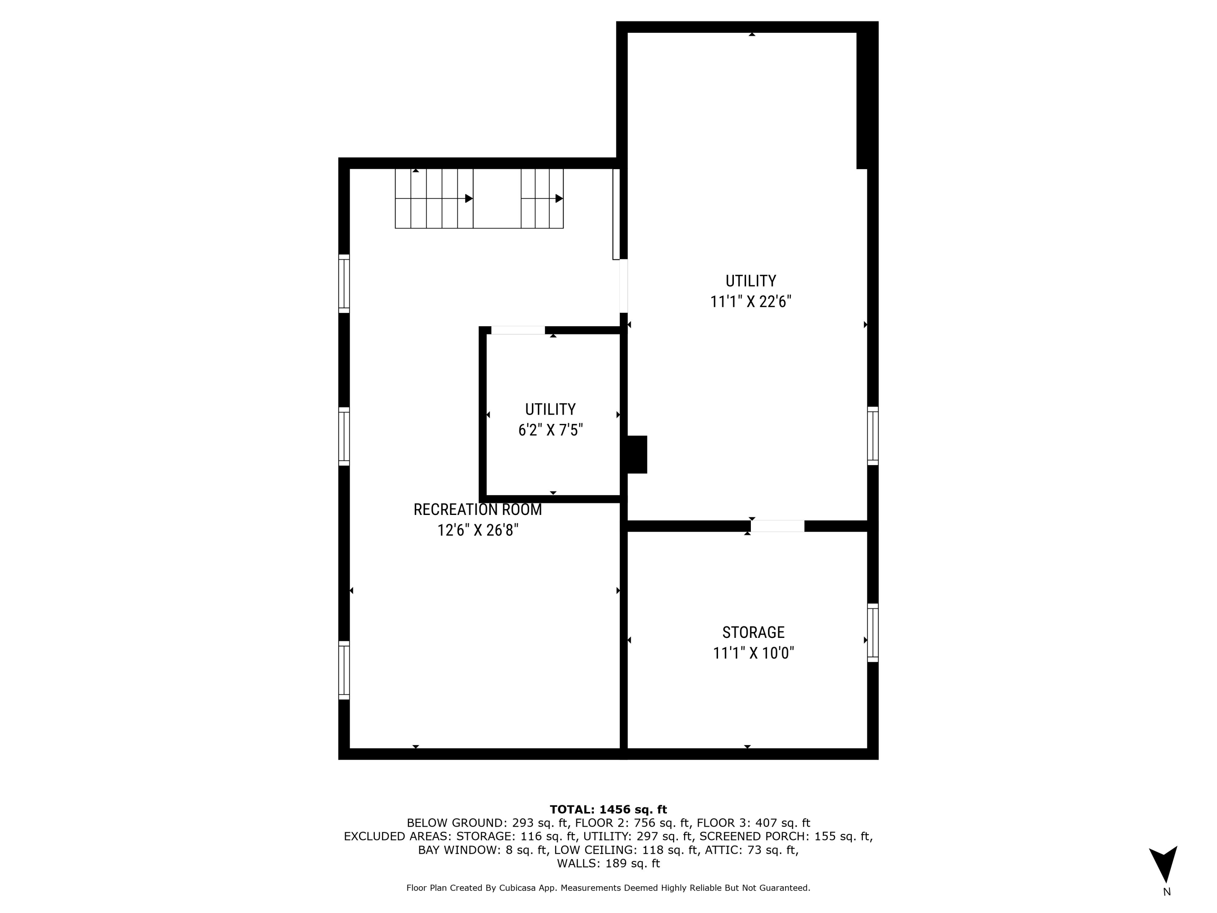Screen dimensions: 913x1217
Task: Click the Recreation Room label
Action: [477, 510]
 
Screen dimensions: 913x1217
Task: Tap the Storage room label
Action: [753, 632]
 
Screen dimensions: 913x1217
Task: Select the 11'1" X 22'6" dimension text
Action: [750, 301]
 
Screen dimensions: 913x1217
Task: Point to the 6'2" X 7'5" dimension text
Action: [550, 430]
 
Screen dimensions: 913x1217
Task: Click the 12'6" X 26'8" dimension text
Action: [477, 530]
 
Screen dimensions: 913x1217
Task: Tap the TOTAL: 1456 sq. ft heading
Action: [608, 810]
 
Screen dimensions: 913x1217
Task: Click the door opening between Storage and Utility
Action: [777, 526]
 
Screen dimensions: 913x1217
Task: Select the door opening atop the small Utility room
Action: [518, 330]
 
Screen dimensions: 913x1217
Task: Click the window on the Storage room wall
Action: [873, 632]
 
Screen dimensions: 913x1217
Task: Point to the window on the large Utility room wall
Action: [873, 436]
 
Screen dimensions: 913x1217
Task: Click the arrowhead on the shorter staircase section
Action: [559, 198]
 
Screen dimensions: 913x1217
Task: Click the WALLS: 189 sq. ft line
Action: [608, 863]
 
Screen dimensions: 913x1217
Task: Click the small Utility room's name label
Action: [550, 409]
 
